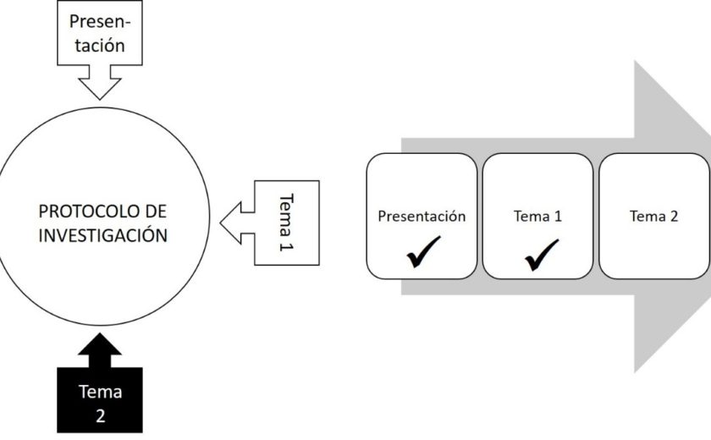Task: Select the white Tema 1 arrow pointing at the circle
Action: click(271, 222)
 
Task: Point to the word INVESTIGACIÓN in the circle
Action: click(102, 234)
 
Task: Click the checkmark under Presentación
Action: click(422, 255)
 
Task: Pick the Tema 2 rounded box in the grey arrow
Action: click(653, 216)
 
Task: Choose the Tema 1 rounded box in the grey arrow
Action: click(537, 216)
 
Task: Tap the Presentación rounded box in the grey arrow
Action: click(422, 216)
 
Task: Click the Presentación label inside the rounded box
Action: click(422, 216)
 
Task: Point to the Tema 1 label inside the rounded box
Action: click(537, 216)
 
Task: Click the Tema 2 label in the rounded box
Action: click(653, 216)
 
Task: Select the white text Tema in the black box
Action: click(101, 392)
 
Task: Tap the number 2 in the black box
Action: click(101, 416)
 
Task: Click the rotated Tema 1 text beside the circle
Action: click(285, 222)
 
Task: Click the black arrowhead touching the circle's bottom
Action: click(101, 344)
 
